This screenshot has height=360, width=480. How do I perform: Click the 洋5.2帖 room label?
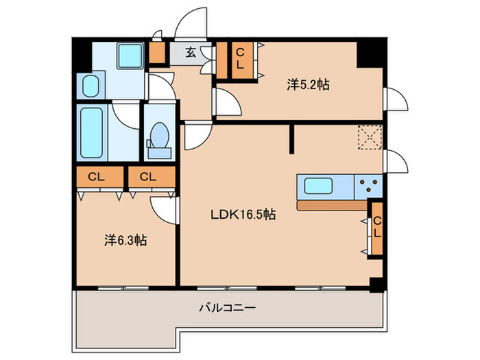click(x=308, y=85)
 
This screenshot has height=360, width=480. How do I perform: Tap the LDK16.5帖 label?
click(x=243, y=215)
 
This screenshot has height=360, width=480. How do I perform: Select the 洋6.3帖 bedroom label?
click(x=125, y=241)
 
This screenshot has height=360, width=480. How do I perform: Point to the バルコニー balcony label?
click(x=228, y=307)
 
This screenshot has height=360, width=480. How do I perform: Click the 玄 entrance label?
click(x=191, y=53)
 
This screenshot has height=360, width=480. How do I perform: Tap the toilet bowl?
click(x=160, y=135)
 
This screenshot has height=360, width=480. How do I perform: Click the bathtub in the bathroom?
click(x=91, y=132)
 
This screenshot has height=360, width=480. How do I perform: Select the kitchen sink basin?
click(x=318, y=186)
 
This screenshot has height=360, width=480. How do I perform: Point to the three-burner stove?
click(x=368, y=186)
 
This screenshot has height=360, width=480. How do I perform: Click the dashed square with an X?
click(x=370, y=137)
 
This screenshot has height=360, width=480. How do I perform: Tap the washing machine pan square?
click(x=130, y=56)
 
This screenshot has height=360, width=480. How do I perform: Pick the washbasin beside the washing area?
click(x=91, y=86)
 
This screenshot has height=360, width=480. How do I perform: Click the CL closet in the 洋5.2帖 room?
click(x=240, y=60)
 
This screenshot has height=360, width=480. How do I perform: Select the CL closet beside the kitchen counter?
click(x=377, y=228)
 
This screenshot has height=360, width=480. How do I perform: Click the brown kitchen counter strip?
click(x=333, y=206)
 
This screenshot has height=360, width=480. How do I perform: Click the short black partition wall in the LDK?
click(x=291, y=139)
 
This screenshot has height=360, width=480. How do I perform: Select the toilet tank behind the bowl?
click(x=159, y=153)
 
